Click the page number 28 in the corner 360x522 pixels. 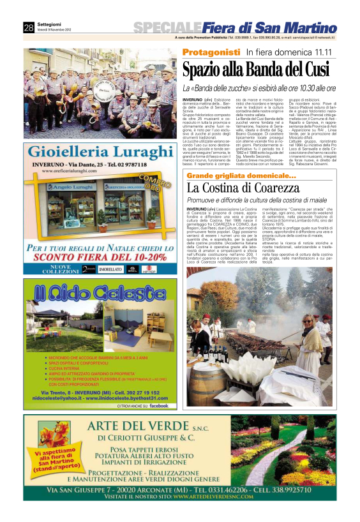coord(29,27)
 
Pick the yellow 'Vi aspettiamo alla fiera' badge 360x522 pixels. coord(52,461)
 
